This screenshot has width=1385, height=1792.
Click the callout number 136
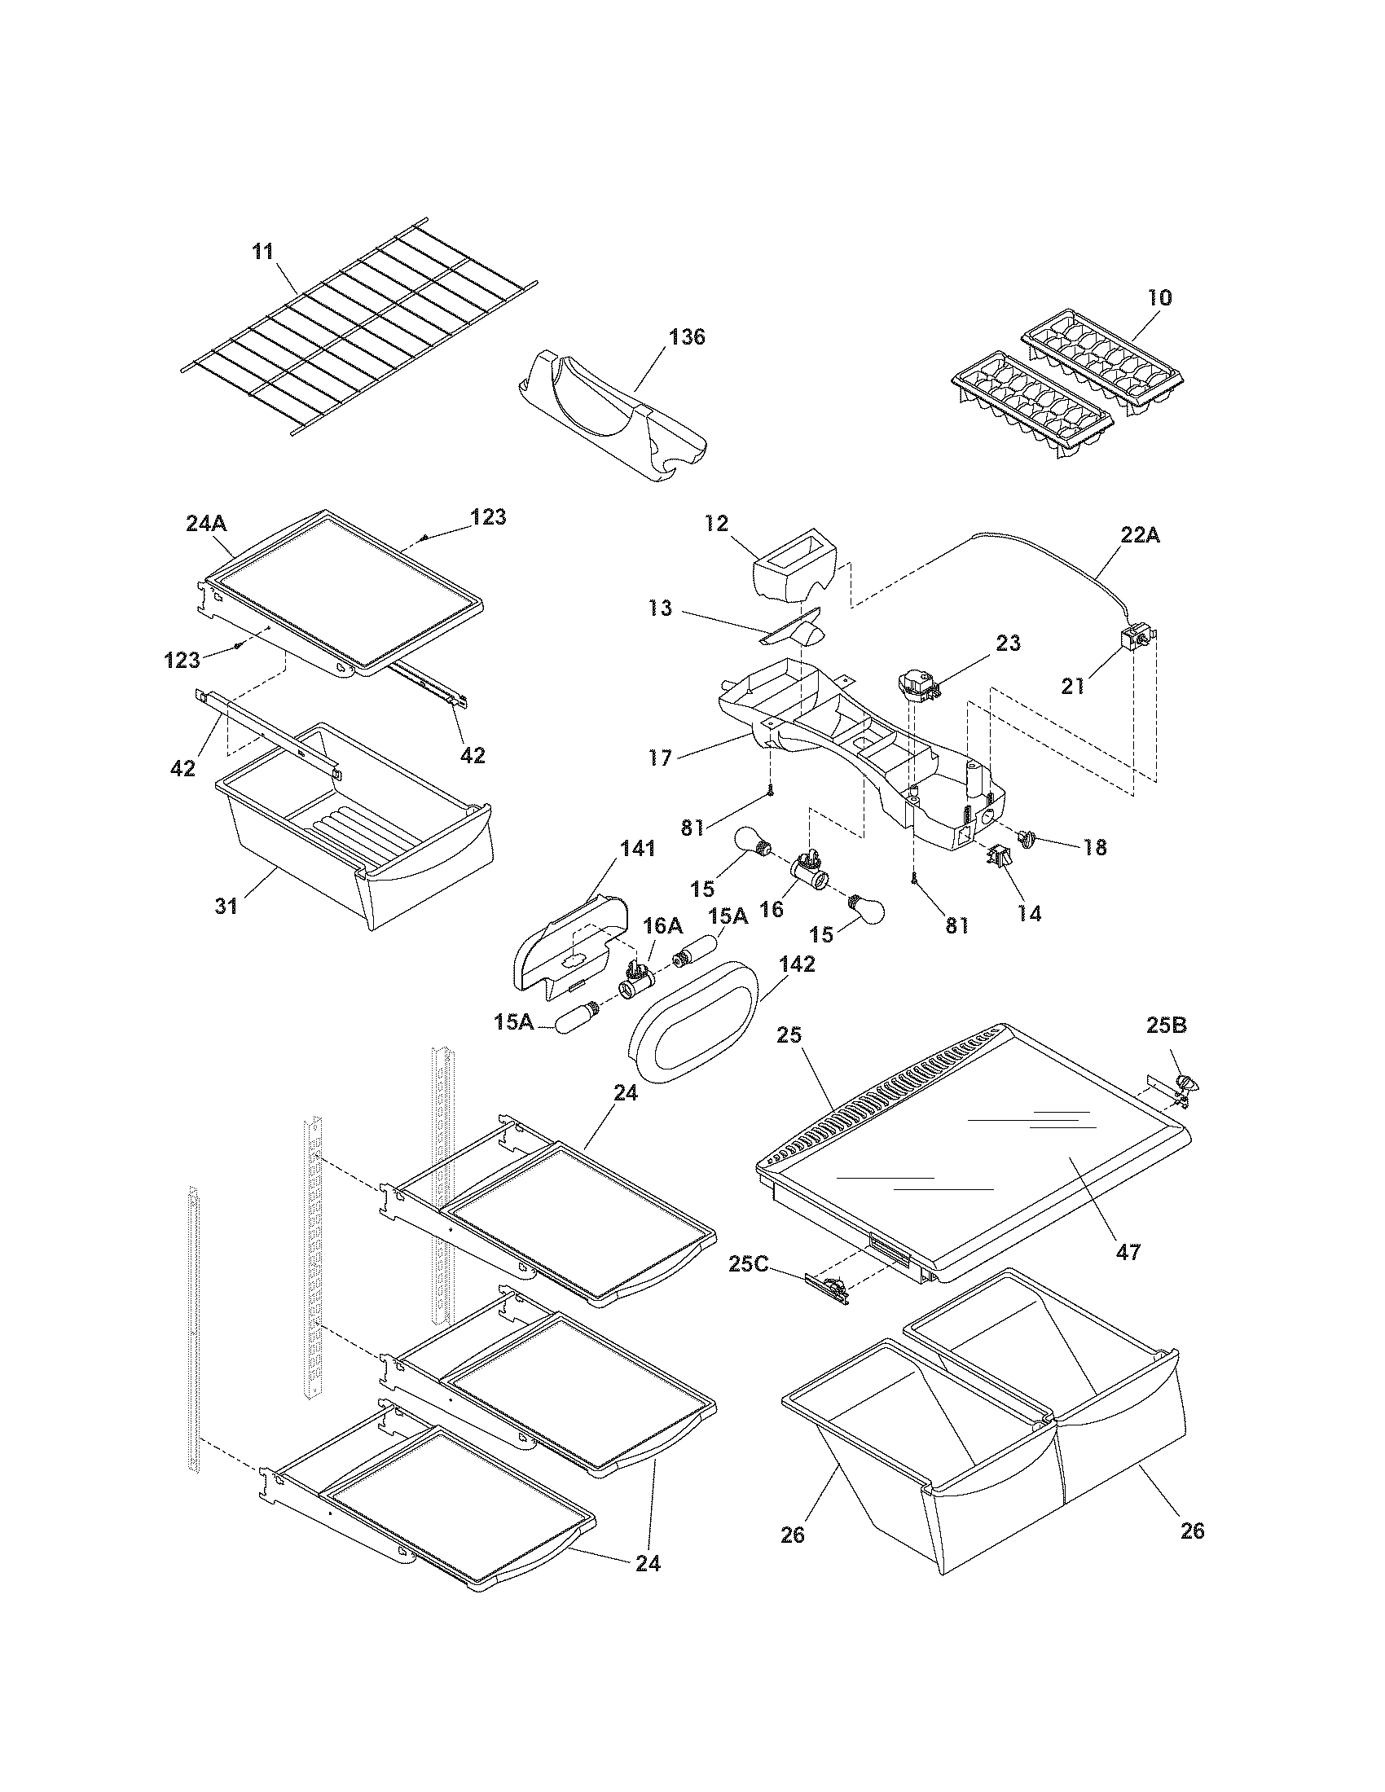tap(687, 337)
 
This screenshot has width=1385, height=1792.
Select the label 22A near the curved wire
tap(1140, 536)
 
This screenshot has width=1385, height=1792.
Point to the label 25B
tap(1167, 1026)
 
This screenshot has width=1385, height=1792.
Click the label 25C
tap(748, 1264)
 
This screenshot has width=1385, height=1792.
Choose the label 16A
tap(662, 926)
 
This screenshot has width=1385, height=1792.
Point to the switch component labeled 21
tap(1136, 638)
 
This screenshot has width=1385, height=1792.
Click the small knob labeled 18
tap(1027, 837)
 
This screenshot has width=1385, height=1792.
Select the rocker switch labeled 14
tap(998, 859)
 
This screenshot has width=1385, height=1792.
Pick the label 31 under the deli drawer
tap(226, 906)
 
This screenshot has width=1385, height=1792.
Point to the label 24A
tap(206, 523)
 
